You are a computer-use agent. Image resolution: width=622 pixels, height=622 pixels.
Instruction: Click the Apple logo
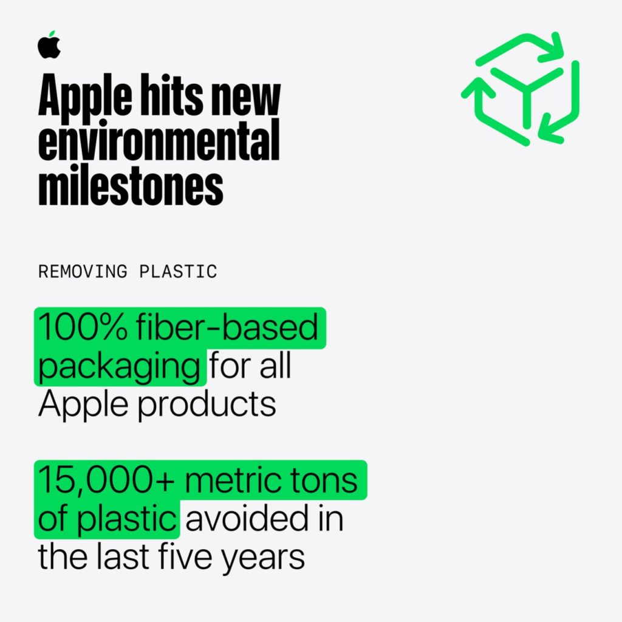(49, 46)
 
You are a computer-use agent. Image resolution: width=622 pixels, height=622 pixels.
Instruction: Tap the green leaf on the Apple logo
(52, 34)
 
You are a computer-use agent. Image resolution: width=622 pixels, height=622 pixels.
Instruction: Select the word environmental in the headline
(159, 142)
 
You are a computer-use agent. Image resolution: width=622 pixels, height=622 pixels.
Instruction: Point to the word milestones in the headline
(131, 185)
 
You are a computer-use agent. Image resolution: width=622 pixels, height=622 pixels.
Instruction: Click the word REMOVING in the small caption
(83, 272)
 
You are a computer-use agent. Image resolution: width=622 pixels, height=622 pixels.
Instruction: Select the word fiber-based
(227, 329)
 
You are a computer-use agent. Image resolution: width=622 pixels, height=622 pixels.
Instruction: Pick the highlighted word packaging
(119, 367)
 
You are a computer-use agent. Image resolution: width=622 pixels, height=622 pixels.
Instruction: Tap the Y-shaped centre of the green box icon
(526, 91)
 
